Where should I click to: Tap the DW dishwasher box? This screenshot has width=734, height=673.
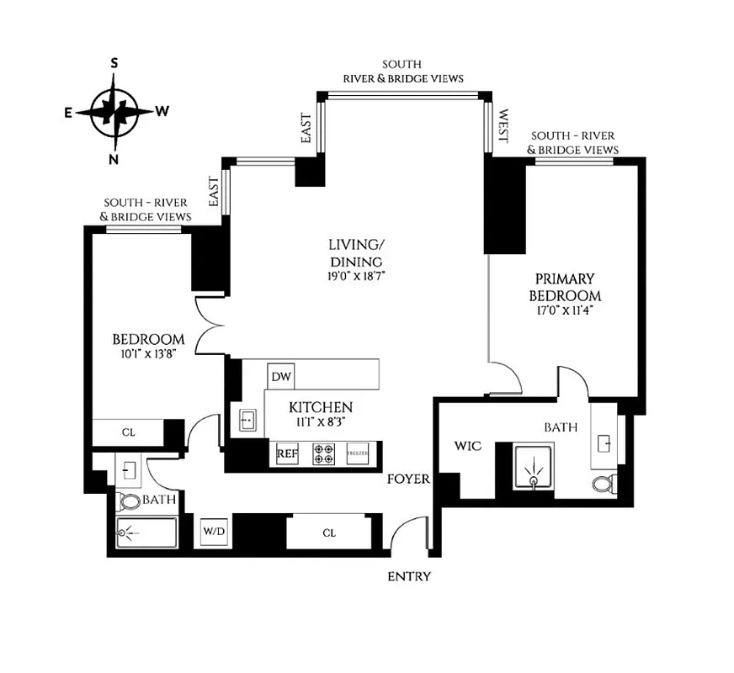tap(279, 377)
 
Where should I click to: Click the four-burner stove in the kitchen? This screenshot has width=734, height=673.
tap(322, 454)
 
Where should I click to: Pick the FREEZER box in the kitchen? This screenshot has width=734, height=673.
tap(359, 454)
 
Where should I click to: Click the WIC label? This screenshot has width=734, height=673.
tap(468, 446)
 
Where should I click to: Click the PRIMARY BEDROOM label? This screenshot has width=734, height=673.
tap(564, 287)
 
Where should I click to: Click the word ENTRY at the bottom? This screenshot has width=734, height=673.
tap(409, 576)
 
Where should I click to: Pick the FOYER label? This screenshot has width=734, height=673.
tap(408, 480)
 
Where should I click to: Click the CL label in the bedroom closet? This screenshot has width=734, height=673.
tap(128, 432)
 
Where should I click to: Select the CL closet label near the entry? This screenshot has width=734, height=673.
tap(329, 532)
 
